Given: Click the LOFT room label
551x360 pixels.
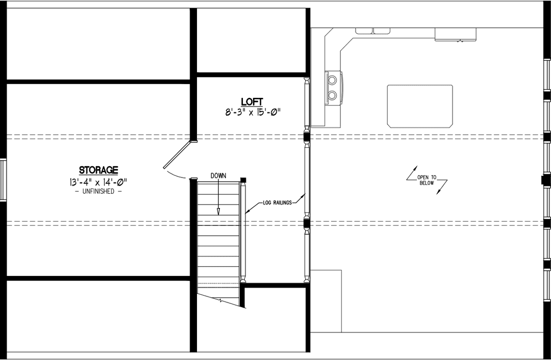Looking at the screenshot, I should point(253,101).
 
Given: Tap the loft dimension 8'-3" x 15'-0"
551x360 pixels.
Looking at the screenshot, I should point(253,112).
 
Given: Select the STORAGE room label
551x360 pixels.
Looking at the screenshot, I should point(98,170).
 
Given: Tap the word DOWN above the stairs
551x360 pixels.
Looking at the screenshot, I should point(218,175).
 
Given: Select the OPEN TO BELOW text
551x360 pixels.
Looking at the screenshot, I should point(426,179).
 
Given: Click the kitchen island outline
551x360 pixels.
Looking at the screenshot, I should point(420,106).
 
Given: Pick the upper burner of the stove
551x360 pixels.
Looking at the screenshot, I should point(333,80).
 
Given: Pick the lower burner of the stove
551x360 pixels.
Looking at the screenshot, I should point(333,94).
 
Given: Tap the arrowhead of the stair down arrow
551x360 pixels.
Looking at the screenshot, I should point(218,212).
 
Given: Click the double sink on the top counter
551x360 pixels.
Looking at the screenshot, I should point(372,31).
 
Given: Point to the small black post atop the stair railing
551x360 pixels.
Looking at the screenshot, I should point(243,179).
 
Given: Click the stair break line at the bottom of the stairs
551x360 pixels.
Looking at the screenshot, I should point(219,300).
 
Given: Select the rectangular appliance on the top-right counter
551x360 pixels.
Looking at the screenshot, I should point(456,34).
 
